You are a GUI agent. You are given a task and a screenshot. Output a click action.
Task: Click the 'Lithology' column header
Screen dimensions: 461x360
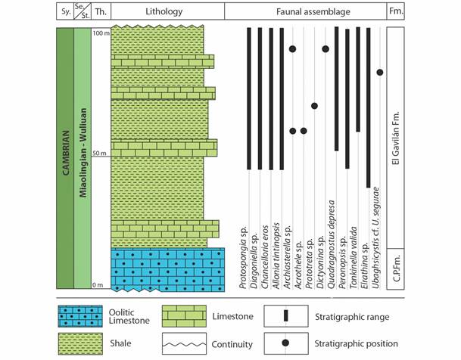coord(164,12)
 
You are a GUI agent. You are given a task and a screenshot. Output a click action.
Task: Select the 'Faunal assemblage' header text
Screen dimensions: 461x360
coord(313,12)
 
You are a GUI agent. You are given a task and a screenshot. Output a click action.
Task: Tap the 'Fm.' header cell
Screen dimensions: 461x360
coord(396,11)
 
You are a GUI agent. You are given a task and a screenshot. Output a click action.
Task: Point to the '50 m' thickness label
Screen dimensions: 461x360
coord(99,154)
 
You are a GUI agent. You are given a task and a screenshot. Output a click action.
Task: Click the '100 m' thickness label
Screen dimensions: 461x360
coord(101,33)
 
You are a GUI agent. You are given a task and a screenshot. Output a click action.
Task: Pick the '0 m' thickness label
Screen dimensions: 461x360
coord(98,285)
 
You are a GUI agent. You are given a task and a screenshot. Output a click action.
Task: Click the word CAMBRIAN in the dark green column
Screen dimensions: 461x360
coord(66,153)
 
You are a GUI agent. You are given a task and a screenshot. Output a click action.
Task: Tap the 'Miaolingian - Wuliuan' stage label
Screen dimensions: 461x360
coord(83,153)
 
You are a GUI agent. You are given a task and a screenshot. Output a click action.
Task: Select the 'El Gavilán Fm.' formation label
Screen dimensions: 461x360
coord(396,138)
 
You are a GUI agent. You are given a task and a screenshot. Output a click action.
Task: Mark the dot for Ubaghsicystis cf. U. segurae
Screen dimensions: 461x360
coord(380,73)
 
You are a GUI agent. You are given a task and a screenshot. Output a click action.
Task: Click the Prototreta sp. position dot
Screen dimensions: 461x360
coord(314,106)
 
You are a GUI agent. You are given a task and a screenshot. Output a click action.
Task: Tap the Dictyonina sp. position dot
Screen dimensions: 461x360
coord(326,49)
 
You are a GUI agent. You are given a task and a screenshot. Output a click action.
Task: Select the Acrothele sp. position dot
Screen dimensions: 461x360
coord(304,131)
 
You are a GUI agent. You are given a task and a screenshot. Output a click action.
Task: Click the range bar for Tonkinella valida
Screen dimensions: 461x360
coord(358,79)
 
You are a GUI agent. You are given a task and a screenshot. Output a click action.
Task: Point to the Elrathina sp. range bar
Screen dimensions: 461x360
coord(369,107)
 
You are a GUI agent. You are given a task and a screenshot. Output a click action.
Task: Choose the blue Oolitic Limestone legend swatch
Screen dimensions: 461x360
coord(80,316)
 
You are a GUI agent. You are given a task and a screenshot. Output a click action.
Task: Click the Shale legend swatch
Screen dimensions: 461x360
coord(80,343)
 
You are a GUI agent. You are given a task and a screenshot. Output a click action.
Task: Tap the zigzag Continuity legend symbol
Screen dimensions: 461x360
coord(185,344)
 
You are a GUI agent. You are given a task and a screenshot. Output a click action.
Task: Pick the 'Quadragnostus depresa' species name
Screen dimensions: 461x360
coord(332,244)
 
